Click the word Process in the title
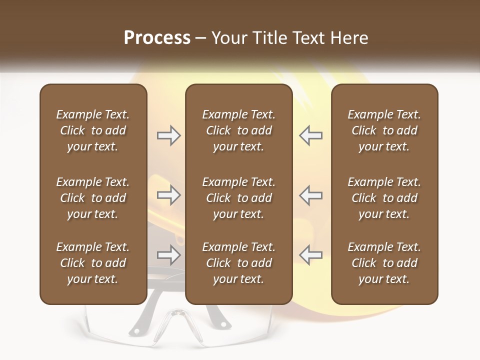click(157, 38)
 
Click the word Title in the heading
click(268, 38)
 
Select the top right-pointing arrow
click(168, 135)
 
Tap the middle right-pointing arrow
click(168, 195)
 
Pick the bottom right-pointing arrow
click(168, 255)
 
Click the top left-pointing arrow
click(310, 135)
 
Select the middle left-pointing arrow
click(310, 195)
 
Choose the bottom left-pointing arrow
click(310, 255)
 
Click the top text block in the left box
click(93, 130)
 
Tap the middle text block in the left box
click(93, 198)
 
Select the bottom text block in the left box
click(93, 263)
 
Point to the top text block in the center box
click(239, 130)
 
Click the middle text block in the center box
click(239, 198)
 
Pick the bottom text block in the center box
click(239, 263)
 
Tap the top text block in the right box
click(384, 130)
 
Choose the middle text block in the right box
click(384, 198)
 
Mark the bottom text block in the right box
click(384, 263)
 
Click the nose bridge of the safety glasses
click(177, 316)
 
